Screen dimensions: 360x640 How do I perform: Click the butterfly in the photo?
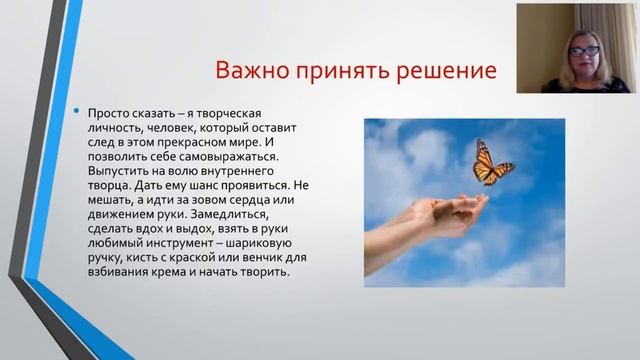pyautogui.click(x=491, y=162)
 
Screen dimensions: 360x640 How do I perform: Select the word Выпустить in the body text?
pyautogui.click(x=119, y=172)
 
